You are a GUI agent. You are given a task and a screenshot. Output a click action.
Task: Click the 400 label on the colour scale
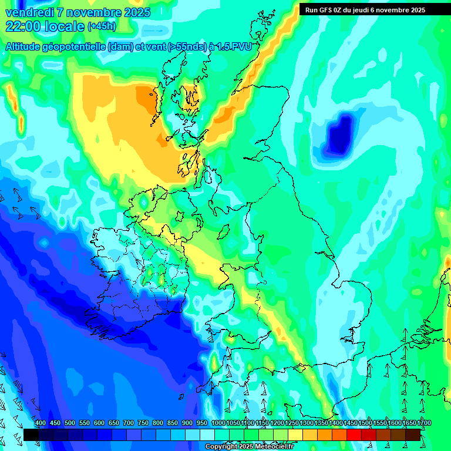click(x=41, y=423)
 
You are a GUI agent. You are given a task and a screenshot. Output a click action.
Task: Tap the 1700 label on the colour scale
click(x=409, y=423)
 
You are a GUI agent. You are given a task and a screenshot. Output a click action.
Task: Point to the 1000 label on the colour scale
click(x=218, y=423)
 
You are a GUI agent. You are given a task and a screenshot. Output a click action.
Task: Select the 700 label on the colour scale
click(x=129, y=423)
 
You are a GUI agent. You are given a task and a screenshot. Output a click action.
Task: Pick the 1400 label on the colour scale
click(x=335, y=423)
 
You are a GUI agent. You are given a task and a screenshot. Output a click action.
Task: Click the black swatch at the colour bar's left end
click(x=31, y=435)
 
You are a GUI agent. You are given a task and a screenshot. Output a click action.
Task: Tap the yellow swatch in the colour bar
click(x=295, y=435)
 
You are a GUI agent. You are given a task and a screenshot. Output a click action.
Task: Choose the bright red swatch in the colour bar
click(x=354, y=435)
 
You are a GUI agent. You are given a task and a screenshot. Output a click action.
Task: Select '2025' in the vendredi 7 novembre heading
click(x=134, y=12)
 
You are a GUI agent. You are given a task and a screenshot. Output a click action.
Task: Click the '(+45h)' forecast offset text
click(x=102, y=26)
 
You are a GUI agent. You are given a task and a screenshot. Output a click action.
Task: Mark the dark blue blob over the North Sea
click(x=340, y=134)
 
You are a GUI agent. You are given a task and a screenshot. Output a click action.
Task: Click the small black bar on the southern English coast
click(x=301, y=368)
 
